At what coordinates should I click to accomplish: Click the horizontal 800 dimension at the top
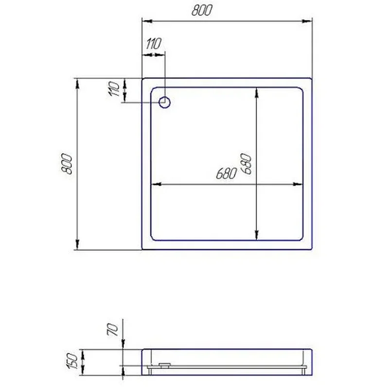(x=202, y=11)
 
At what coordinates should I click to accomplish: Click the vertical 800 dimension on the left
(x=67, y=164)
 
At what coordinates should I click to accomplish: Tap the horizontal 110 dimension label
(x=154, y=44)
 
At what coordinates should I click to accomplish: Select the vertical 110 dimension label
(x=114, y=88)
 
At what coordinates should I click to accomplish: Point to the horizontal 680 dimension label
(x=226, y=173)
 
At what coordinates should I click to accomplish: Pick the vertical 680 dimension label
(x=246, y=164)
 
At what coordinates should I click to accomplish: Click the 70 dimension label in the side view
(x=112, y=330)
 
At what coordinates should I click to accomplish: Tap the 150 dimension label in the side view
(x=73, y=361)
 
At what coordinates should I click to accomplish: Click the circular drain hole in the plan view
(x=164, y=102)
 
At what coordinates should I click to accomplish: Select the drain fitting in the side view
(x=165, y=365)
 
